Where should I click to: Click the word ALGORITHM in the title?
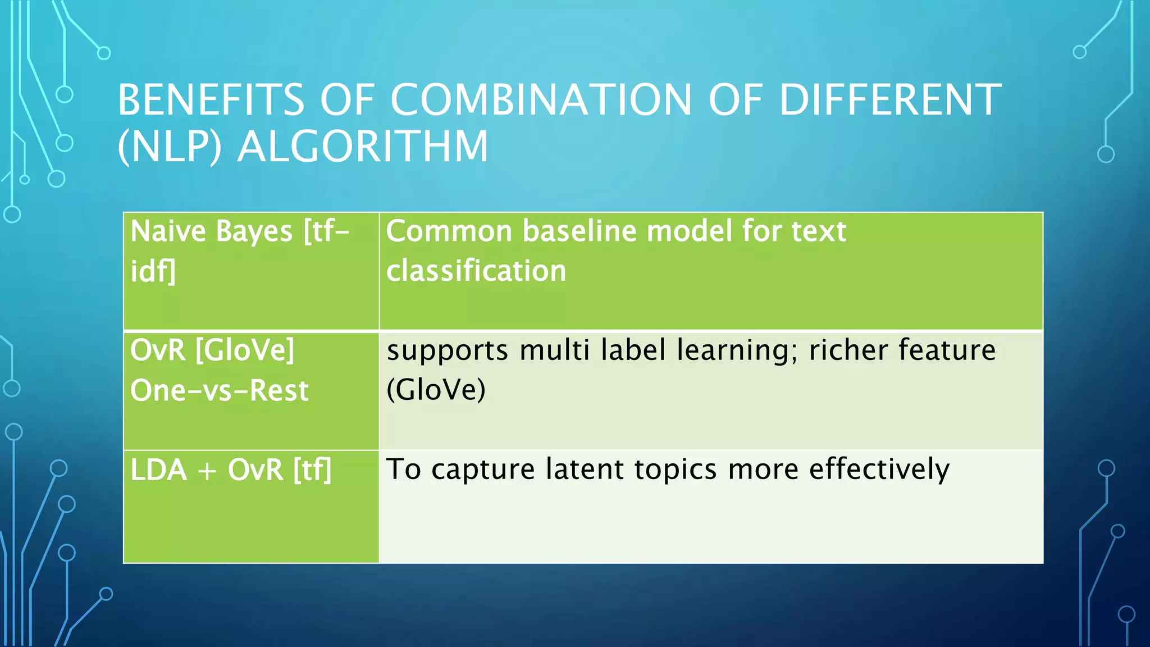pos(363,147)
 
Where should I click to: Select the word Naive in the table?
pos(168,231)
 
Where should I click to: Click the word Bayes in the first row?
pos(254,231)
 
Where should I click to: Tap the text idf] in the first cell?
pos(153,271)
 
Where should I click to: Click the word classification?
pos(476,271)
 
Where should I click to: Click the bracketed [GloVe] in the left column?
pos(245,350)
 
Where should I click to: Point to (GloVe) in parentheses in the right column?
pos(436,390)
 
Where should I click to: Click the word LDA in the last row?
pos(158,470)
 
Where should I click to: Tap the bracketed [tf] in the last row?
pos(312,470)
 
